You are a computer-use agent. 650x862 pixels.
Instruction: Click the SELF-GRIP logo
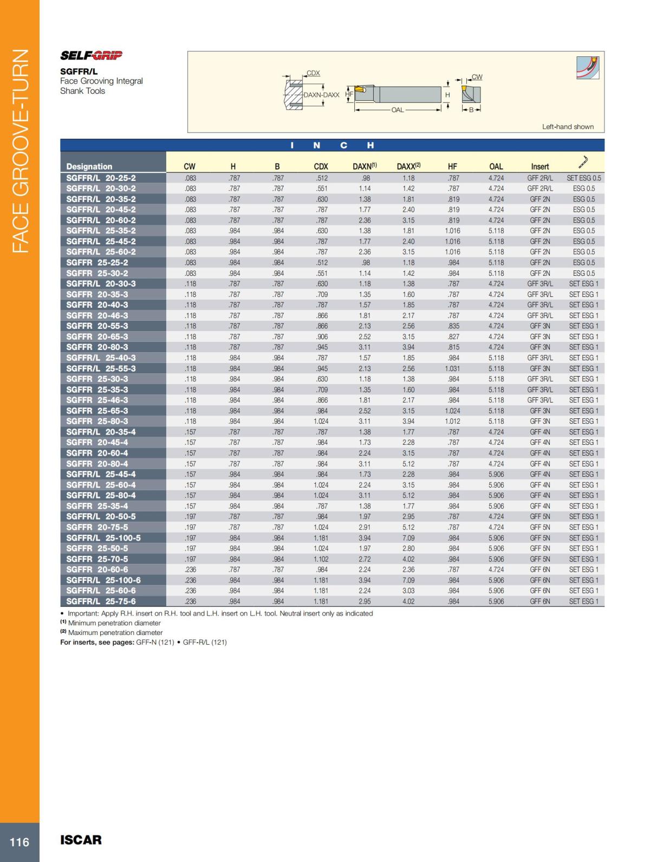[91, 55]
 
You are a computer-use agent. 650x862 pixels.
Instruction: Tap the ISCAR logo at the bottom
[81, 840]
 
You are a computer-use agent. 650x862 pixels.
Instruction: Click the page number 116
[19, 841]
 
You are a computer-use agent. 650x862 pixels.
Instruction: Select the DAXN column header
[365, 166]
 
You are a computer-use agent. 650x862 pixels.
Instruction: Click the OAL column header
[496, 167]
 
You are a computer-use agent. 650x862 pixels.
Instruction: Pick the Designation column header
[89, 167]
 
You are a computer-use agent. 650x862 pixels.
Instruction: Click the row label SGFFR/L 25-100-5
[103, 538]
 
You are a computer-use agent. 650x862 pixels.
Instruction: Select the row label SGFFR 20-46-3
[97, 315]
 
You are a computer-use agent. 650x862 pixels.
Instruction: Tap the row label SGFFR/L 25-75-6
[101, 601]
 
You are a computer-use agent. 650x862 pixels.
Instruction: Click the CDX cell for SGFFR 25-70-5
[322, 559]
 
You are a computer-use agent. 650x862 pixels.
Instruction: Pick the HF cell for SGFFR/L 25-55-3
[453, 368]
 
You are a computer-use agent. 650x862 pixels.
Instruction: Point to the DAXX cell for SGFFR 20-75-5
[408, 527]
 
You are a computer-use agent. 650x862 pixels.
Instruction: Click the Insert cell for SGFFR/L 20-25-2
[540, 178]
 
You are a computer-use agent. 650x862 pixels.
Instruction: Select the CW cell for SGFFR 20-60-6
[190, 569]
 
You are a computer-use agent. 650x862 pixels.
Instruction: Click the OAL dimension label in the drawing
[398, 110]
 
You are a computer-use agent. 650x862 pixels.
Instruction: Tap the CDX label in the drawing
[313, 73]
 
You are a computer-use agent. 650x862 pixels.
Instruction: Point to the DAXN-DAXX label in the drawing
[321, 95]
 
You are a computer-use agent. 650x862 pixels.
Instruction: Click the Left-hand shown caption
[568, 127]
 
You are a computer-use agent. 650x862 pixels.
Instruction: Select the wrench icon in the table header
[583, 161]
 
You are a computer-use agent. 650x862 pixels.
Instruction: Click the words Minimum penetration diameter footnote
[115, 623]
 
